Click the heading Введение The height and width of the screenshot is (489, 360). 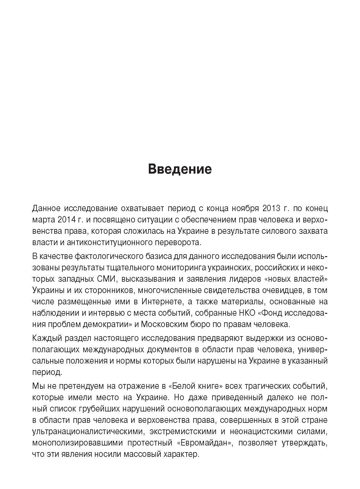(180, 169)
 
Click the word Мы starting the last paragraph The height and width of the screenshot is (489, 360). (37, 386)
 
